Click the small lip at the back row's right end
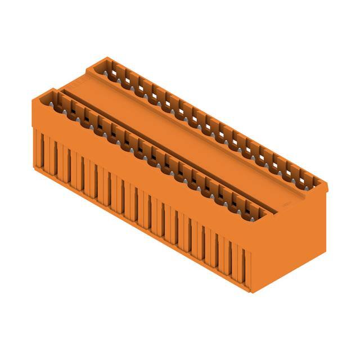coord(323,186)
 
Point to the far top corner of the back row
coord(105,57)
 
